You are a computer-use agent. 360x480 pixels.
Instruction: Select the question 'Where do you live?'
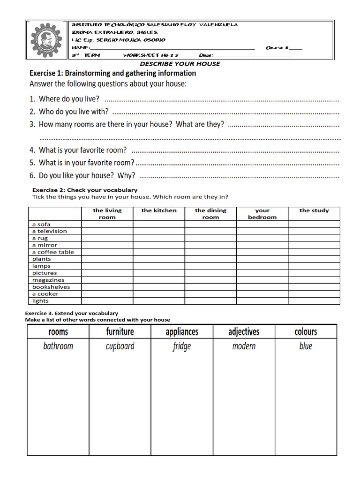tap(69, 99)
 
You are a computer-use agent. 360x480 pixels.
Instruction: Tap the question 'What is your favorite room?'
tap(82, 150)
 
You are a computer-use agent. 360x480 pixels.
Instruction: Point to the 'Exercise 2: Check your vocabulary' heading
tap(84, 190)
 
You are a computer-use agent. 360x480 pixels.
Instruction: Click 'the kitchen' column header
tap(159, 211)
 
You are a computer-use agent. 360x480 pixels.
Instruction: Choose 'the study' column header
tap(314, 211)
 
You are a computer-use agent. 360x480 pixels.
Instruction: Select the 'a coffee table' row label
tap(53, 252)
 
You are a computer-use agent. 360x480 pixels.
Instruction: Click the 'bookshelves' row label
tap(51, 287)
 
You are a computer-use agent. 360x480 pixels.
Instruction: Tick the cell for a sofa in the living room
tap(107, 224)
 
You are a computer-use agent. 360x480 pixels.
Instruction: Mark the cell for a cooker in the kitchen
tap(159, 294)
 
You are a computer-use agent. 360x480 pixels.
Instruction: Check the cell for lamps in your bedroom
tap(262, 266)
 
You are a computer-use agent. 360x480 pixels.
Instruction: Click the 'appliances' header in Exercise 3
tap(182, 332)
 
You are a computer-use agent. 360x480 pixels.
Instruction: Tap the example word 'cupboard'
tap(120, 346)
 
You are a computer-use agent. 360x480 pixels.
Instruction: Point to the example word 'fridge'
tap(182, 347)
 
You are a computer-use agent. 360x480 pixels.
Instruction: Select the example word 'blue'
tap(306, 346)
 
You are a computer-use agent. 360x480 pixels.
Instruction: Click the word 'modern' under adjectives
tap(244, 346)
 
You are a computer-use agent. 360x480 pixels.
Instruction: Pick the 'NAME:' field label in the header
tap(80, 48)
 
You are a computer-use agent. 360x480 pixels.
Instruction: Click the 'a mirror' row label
tap(45, 245)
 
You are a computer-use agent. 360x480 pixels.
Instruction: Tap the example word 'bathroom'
tap(58, 346)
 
